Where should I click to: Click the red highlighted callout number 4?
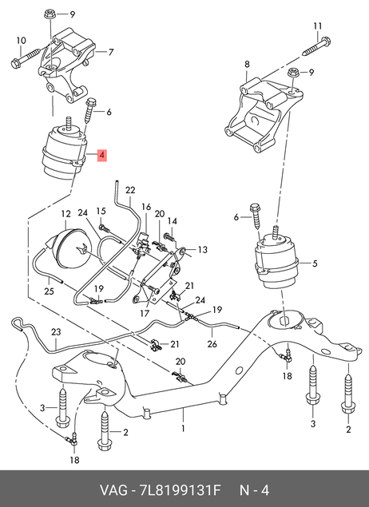(x=102, y=155)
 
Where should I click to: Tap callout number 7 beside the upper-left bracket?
(x=111, y=52)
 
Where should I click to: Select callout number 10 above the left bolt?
(x=21, y=41)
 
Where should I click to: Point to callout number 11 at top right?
(x=318, y=26)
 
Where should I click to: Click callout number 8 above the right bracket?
(x=247, y=64)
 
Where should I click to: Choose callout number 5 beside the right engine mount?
(x=315, y=263)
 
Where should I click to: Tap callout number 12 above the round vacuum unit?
(x=65, y=214)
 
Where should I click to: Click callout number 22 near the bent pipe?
(x=130, y=190)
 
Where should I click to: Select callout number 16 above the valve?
(x=146, y=207)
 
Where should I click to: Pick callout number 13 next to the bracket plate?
(x=202, y=250)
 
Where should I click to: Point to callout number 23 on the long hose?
(x=56, y=332)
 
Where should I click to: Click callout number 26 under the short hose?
(x=212, y=343)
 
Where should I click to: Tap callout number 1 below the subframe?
(x=183, y=429)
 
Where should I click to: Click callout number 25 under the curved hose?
(x=49, y=291)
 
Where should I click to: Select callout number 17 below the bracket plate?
(x=145, y=313)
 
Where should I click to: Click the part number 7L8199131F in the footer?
(x=180, y=490)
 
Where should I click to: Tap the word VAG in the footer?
(x=113, y=490)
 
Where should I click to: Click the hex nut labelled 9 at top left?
(x=50, y=14)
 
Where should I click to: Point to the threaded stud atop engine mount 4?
(x=69, y=123)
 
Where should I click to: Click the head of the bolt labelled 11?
(x=326, y=42)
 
